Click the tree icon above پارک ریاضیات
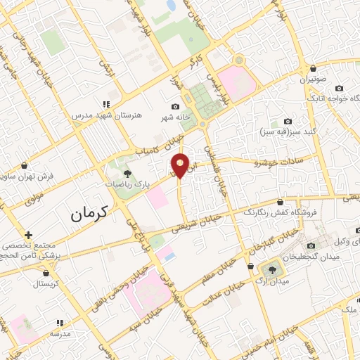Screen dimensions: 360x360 127,172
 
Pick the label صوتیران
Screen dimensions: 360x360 314,79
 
